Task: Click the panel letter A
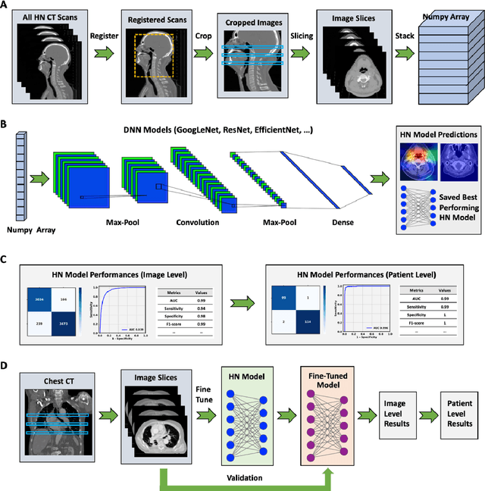pyautogui.click(x=6, y=7)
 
